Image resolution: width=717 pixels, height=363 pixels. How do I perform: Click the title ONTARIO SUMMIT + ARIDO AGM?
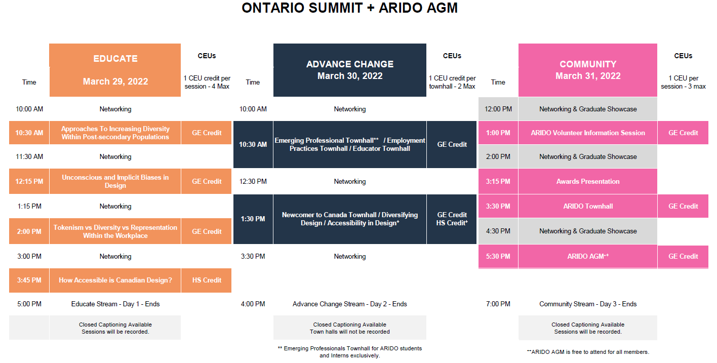tap(349, 8)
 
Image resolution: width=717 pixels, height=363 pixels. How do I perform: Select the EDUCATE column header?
tap(115, 70)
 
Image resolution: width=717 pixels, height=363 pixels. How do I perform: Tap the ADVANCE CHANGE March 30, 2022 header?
tap(350, 70)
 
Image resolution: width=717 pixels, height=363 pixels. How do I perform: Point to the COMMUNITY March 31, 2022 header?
tap(588, 70)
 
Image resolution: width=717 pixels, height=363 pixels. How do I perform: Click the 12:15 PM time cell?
tap(29, 181)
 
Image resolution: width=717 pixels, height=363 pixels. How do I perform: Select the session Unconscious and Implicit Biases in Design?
tap(115, 181)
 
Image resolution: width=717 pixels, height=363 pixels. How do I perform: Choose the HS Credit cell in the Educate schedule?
tap(207, 280)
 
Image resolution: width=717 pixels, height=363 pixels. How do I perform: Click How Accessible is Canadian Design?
tap(115, 280)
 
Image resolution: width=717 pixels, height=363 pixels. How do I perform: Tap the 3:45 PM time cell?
tap(29, 280)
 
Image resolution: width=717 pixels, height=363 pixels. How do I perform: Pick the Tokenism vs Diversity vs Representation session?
tap(115, 231)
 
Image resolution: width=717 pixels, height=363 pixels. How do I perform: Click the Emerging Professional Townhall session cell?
tap(350, 144)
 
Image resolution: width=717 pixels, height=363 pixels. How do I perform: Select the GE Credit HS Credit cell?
tap(452, 219)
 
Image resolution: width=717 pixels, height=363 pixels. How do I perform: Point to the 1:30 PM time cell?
tap(253, 219)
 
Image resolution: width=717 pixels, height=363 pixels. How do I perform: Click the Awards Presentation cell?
tap(588, 181)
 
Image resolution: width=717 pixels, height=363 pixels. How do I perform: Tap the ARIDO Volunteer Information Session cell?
tap(588, 133)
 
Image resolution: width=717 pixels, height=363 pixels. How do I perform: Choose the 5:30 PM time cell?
tap(498, 256)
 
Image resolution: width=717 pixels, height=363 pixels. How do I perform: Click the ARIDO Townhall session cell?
tap(588, 206)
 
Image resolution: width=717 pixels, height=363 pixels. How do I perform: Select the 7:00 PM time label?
tap(498, 304)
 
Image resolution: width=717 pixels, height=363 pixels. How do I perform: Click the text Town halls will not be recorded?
tap(349, 332)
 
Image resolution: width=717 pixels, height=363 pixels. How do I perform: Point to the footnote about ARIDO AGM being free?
tap(588, 352)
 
